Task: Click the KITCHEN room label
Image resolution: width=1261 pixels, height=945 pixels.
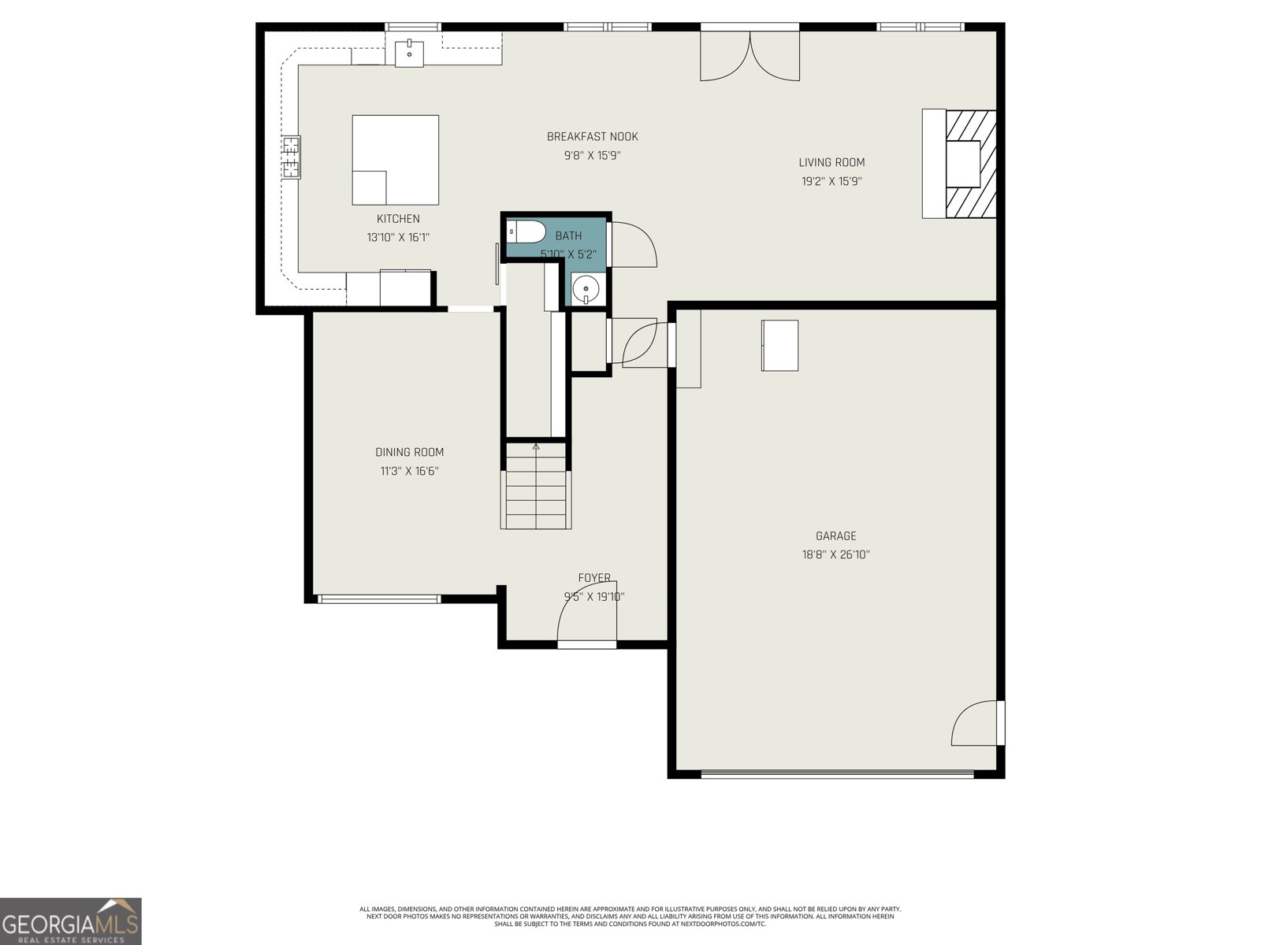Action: [398, 219]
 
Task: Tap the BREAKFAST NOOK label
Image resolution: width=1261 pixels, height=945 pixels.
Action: [592, 137]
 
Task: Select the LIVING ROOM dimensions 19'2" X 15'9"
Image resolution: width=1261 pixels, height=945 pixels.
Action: [831, 181]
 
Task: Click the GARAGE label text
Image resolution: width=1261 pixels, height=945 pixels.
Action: [835, 536]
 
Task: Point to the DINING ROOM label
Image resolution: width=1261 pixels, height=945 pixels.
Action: [409, 452]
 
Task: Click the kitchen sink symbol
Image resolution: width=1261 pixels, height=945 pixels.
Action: [409, 54]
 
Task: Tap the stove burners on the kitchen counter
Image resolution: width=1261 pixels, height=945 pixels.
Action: [291, 157]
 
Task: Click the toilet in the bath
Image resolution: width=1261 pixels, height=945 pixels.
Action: [526, 232]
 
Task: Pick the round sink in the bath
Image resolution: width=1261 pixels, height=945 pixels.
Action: [586, 290]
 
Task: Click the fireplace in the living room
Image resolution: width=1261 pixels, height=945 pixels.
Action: [961, 164]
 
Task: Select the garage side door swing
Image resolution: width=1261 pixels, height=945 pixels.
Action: [976, 723]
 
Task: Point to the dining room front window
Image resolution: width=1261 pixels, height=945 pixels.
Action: [379, 599]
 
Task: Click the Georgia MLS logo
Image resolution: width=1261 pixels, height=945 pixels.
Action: [70, 921]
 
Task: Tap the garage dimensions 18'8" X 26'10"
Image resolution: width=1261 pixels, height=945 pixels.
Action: [835, 554]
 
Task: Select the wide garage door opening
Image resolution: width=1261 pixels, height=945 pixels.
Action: [837, 774]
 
